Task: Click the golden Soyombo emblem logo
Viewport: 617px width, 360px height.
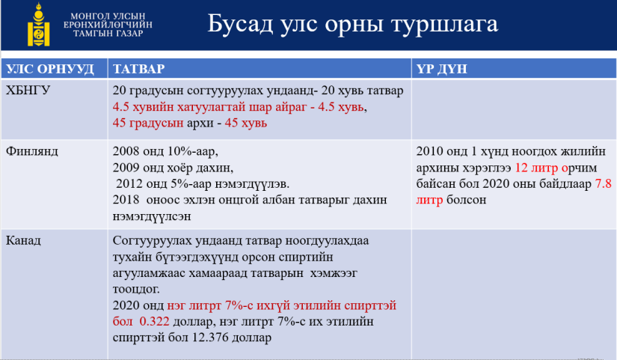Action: [x=39, y=25]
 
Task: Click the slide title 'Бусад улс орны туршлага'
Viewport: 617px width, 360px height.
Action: [x=352, y=24]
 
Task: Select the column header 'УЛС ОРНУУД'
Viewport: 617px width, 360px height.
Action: [x=50, y=69]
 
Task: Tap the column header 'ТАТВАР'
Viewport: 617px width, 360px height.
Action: [x=138, y=69]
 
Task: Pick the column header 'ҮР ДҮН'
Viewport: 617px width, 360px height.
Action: [x=441, y=69]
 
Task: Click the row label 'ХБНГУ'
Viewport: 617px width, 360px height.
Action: [x=28, y=91]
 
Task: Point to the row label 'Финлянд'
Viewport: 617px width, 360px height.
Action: [x=32, y=151]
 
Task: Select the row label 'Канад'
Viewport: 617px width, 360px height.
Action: [x=23, y=240]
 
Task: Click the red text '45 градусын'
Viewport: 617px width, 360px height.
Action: [x=148, y=123]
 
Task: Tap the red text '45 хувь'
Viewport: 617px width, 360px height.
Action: [x=246, y=123]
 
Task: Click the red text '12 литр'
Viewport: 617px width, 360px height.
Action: [x=536, y=168]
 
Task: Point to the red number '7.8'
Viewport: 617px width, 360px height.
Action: [x=604, y=183]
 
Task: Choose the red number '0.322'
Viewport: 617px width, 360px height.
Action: [x=154, y=321]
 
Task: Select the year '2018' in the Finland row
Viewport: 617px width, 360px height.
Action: [x=126, y=200]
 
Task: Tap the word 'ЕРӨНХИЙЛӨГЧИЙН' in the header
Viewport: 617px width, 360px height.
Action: [x=108, y=25]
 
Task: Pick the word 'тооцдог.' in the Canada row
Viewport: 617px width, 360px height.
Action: [x=136, y=290]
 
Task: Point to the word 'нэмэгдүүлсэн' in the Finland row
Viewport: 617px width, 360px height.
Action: [x=152, y=216]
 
